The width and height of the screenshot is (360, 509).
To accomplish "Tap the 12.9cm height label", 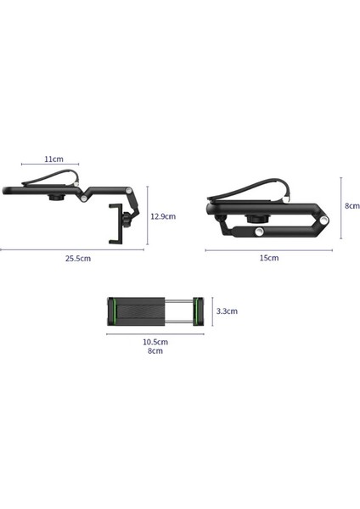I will point(162,215).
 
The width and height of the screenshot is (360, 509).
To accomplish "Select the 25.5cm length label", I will point(76,258).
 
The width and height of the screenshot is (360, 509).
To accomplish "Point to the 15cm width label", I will point(268,258).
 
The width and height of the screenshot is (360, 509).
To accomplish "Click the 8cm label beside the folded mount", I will point(352,205).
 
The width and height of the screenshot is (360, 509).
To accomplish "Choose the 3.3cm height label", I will point(227,311).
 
